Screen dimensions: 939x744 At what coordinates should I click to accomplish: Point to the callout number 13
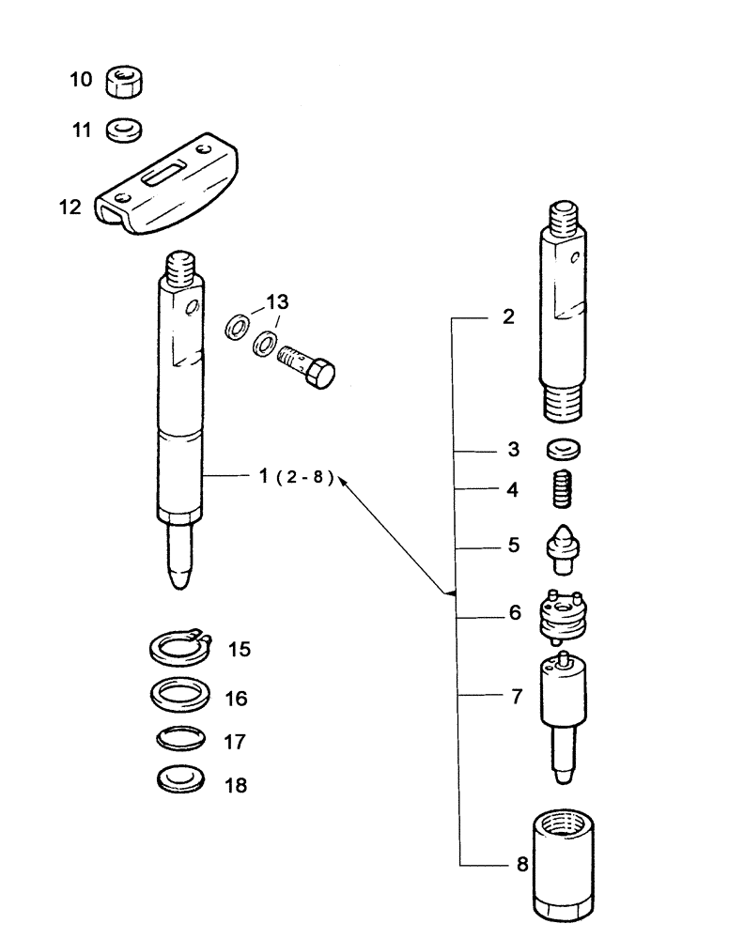[278, 302]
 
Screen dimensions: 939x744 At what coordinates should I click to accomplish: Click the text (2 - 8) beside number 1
[306, 477]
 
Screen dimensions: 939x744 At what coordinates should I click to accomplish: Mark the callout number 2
[508, 317]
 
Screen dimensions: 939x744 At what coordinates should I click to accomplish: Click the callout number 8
[521, 863]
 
